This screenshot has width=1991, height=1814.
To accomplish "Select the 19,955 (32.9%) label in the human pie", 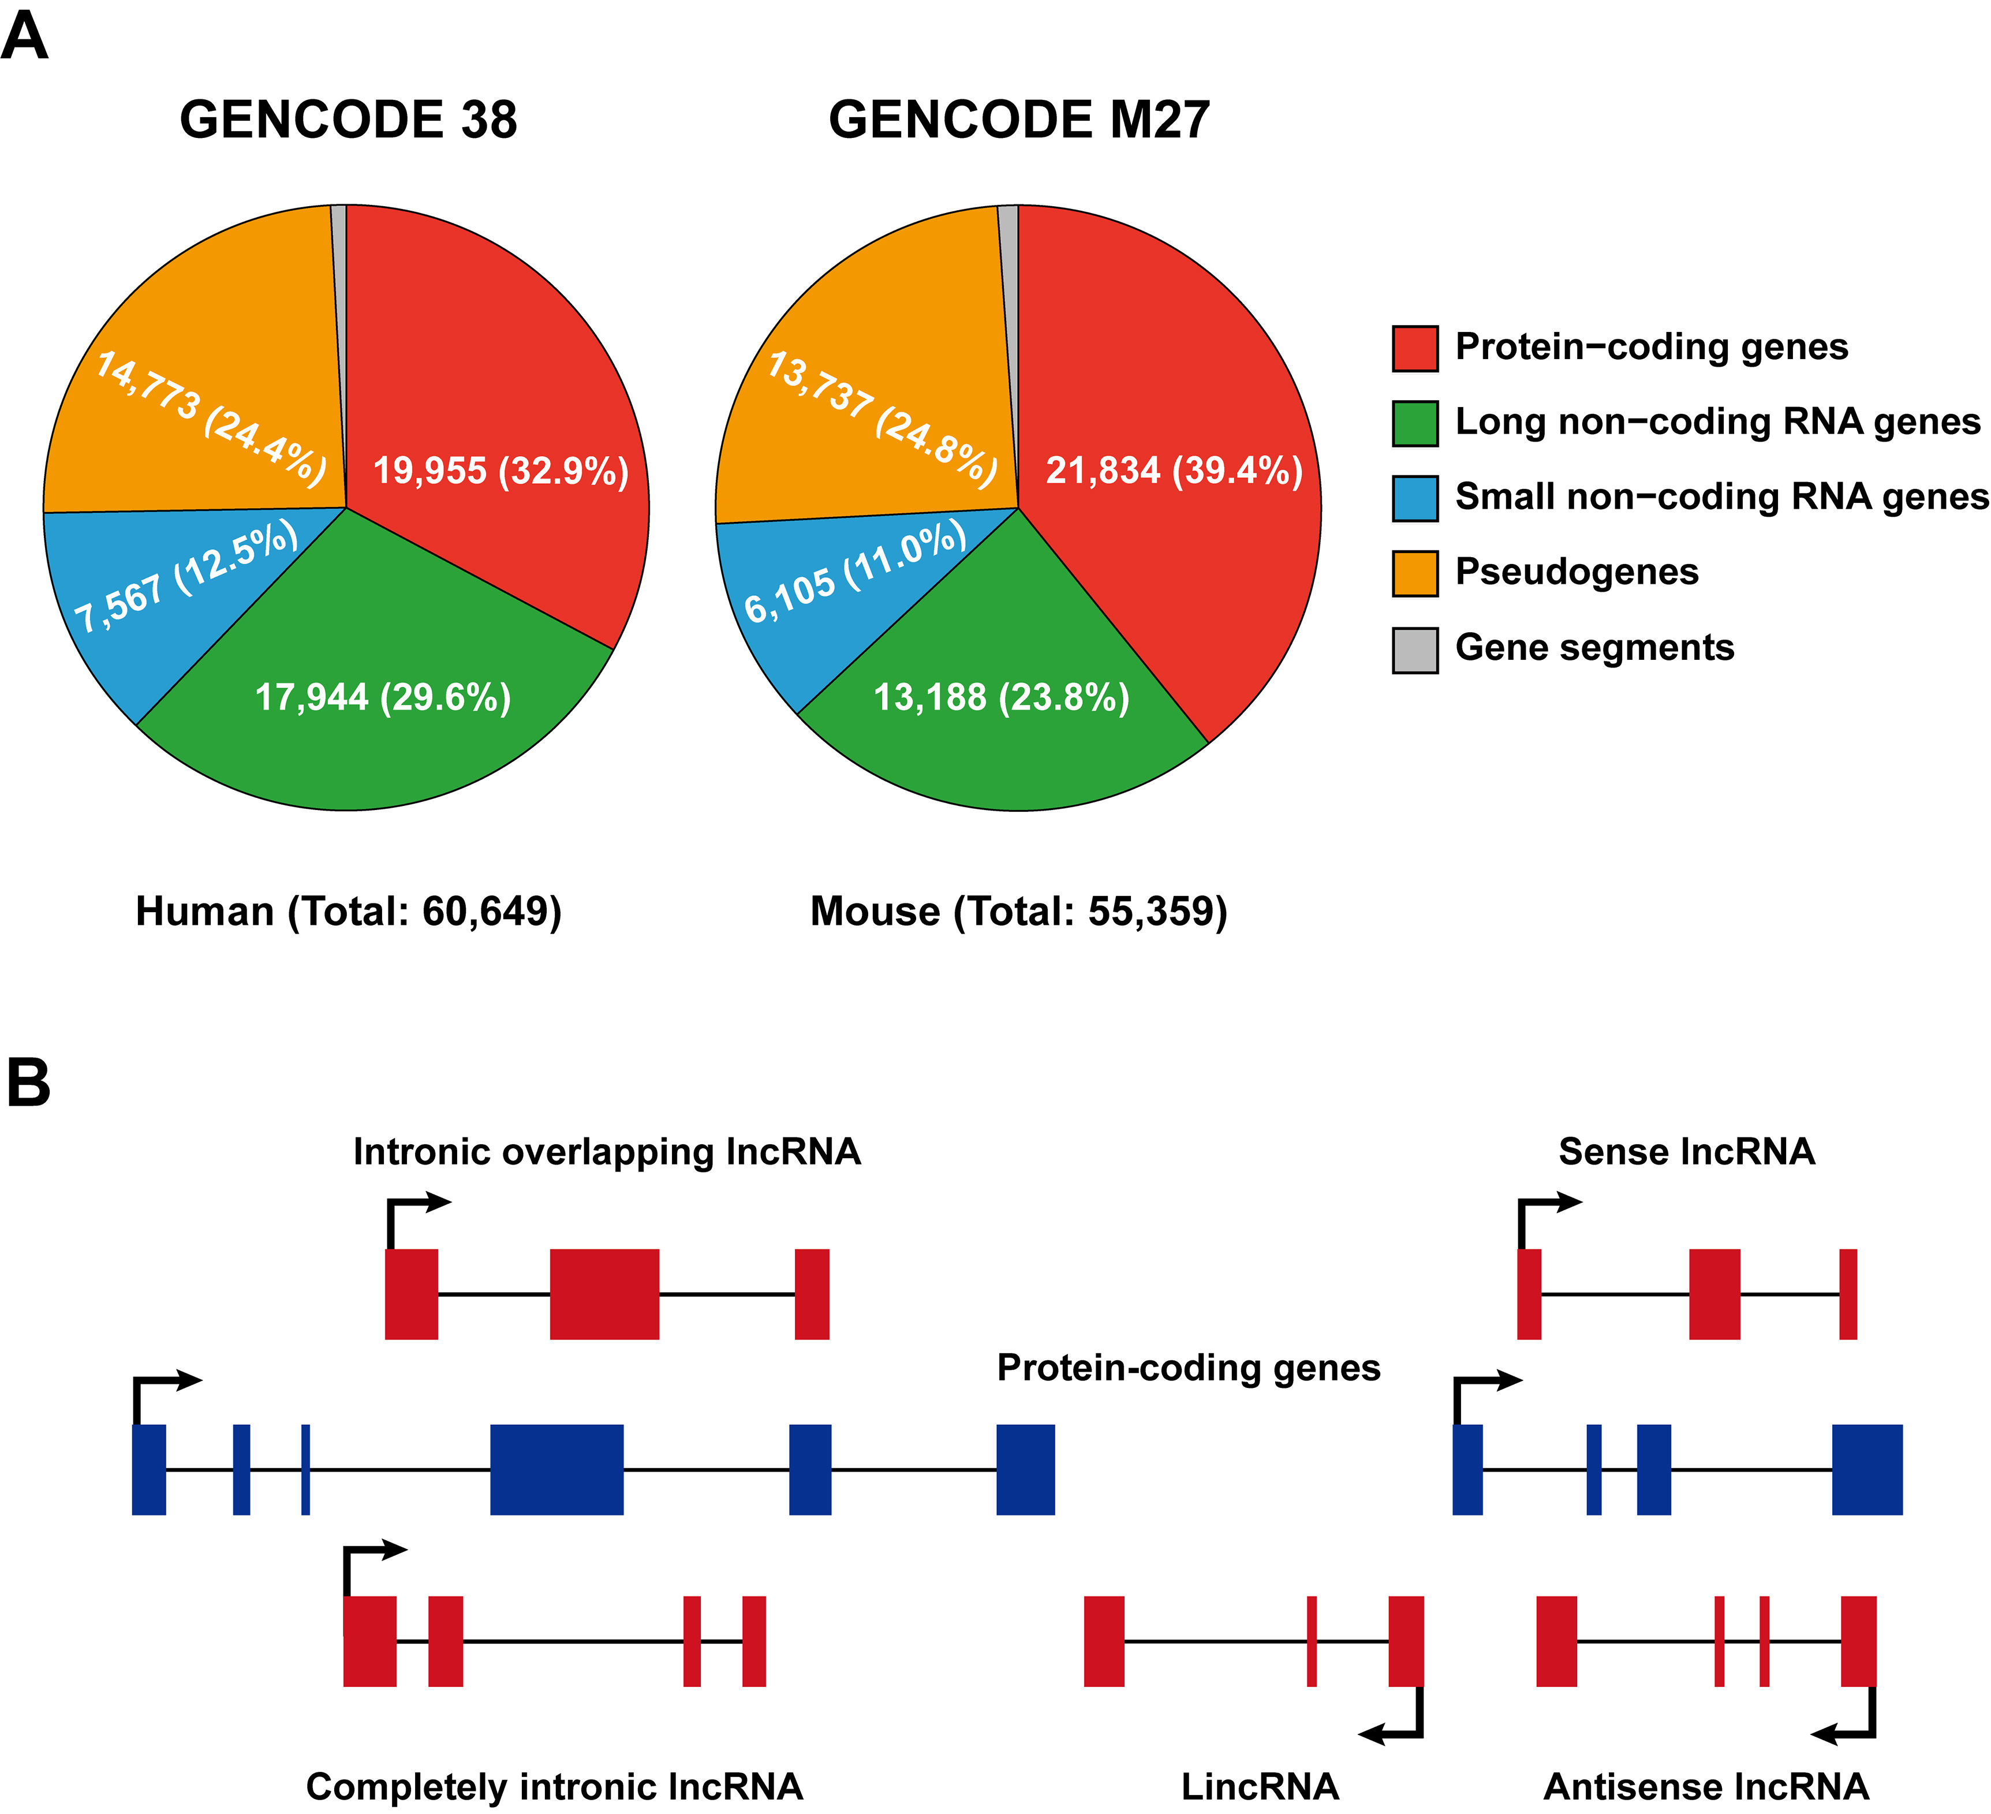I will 500,471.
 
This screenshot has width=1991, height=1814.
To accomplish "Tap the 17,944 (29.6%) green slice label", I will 383,697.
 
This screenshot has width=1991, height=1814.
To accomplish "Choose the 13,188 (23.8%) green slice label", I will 1002,697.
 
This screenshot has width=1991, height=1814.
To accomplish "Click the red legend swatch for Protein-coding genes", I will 1414,349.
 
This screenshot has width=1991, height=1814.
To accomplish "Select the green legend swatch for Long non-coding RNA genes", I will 1414,424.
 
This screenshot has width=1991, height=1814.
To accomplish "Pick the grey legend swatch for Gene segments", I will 1414,650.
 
